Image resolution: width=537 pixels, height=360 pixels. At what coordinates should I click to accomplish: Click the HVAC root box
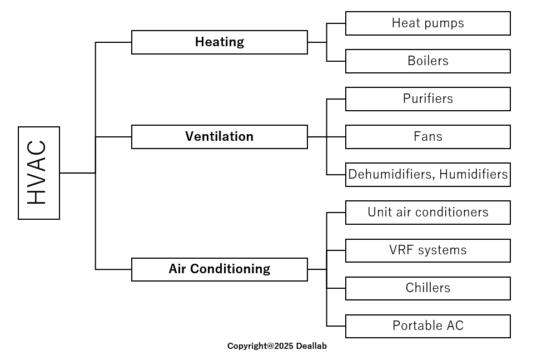[39, 173]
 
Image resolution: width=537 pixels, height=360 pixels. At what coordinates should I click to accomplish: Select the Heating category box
[220, 42]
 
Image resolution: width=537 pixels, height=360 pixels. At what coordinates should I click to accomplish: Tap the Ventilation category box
[220, 137]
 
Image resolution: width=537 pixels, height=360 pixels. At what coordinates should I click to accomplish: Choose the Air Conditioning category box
[220, 269]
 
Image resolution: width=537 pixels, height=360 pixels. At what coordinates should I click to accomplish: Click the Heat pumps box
[427, 23]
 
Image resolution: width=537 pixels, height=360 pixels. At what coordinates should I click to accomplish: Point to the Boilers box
[427, 61]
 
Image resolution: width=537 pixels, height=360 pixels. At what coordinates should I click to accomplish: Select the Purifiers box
[427, 99]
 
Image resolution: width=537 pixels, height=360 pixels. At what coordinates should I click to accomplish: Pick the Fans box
[427, 137]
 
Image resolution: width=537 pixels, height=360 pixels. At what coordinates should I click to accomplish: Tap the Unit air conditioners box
[427, 213]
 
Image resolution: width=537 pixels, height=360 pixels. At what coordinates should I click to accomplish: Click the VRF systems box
[427, 250]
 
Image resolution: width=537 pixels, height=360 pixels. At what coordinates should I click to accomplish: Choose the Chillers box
[427, 288]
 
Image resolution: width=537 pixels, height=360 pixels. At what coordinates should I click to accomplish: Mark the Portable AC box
[427, 326]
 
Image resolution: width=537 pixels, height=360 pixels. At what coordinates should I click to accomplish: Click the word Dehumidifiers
[391, 175]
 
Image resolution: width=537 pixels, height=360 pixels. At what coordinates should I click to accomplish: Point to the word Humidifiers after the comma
[473, 174]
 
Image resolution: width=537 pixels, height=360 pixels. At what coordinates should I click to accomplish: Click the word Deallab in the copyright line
[311, 346]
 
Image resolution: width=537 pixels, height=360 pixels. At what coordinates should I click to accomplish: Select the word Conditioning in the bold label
[230, 269]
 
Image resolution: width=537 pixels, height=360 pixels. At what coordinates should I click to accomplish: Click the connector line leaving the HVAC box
[77, 173]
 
